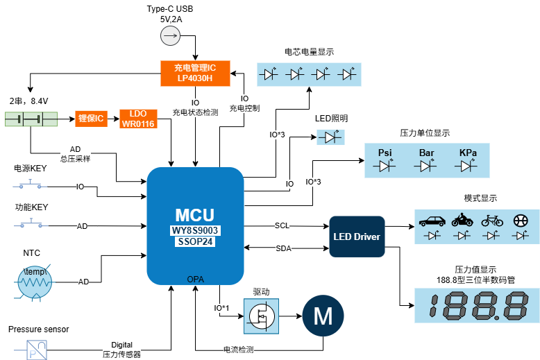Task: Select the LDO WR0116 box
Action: point(138,119)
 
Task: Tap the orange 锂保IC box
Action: point(90,119)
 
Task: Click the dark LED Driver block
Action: point(356,237)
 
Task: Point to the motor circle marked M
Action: point(323,316)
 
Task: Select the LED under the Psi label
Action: point(385,166)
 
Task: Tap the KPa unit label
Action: point(468,153)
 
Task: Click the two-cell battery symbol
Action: point(31,119)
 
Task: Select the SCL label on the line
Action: point(282,225)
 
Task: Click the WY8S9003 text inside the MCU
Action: point(195,230)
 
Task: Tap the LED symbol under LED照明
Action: point(330,137)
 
